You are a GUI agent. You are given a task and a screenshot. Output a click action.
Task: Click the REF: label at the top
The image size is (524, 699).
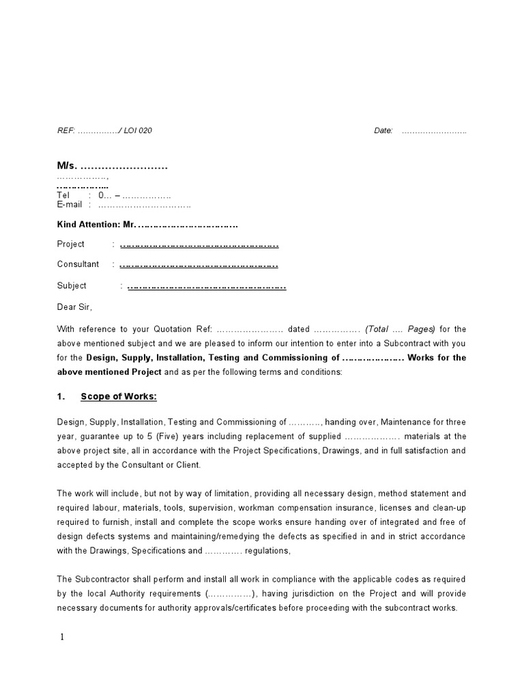66,131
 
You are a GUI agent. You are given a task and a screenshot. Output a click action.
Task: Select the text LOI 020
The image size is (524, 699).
138,131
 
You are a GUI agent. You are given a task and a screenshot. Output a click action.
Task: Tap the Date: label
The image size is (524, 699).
383,131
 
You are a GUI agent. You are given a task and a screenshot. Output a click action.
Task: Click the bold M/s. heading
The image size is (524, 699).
67,167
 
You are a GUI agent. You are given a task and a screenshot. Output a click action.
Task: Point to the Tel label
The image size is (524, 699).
63,195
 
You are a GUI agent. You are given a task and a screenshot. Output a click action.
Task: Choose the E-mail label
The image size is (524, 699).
70,204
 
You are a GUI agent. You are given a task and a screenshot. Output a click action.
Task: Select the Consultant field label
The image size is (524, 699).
78,264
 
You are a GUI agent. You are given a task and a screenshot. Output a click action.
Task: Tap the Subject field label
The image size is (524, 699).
72,286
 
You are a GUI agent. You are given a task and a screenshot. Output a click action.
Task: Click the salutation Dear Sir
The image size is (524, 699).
74,307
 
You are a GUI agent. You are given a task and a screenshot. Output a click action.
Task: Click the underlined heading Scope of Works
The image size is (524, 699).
119,397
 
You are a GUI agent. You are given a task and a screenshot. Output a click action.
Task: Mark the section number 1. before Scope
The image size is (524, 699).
61,397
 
